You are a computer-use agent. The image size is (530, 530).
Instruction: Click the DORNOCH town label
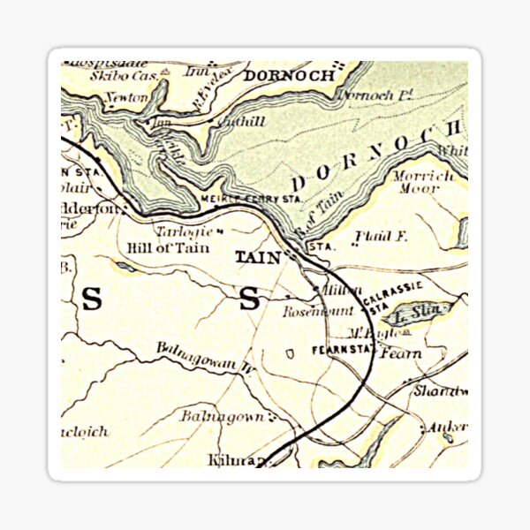pyautogui.click(x=289, y=76)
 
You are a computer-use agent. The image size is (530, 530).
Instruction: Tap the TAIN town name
pyautogui.click(x=258, y=257)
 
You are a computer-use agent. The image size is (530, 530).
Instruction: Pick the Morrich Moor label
pyautogui.click(x=418, y=182)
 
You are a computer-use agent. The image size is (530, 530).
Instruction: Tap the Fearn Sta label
pyautogui.click(x=343, y=351)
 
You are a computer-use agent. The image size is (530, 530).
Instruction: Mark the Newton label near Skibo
pyautogui.click(x=125, y=97)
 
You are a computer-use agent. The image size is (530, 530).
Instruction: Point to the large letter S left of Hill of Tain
pyautogui.click(x=92, y=300)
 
